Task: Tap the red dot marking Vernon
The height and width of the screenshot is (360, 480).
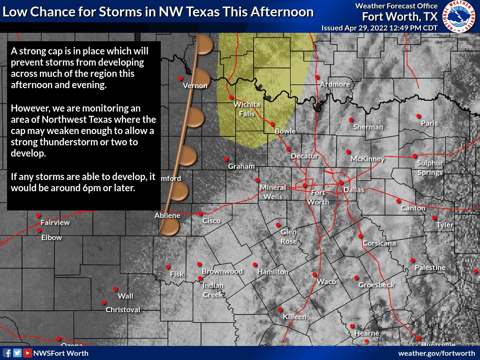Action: (180, 78)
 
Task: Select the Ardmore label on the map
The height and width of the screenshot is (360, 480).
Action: (335, 84)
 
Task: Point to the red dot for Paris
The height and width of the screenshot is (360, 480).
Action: (419, 116)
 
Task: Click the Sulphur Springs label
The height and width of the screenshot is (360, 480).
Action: (430, 168)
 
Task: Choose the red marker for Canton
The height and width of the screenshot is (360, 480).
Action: (398, 201)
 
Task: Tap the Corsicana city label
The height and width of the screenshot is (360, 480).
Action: (379, 243)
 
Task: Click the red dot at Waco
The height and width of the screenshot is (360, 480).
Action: (315, 275)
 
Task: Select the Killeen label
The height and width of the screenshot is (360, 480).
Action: (294, 317)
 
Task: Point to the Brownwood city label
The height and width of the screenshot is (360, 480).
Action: (222, 271)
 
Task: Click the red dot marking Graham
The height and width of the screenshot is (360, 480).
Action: (226, 159)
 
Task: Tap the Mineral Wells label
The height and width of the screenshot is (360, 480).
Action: (273, 192)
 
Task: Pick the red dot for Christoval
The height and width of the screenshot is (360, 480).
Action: (104, 303)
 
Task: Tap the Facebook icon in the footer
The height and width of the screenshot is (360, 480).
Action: (7, 353)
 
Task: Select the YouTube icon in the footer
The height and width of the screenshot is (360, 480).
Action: (28, 353)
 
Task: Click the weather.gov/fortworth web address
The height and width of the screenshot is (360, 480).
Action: (436, 353)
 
